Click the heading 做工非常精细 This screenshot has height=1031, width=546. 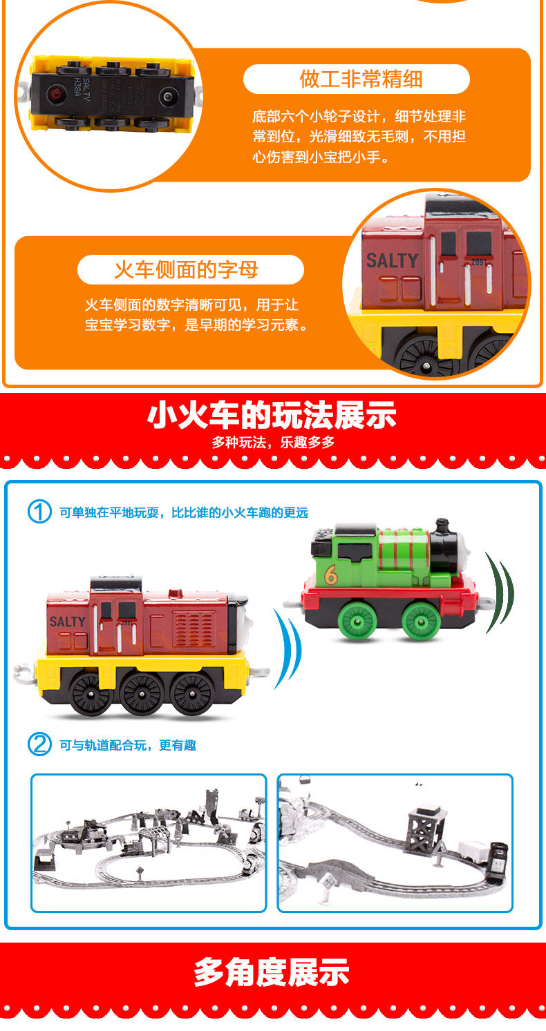(x=361, y=79)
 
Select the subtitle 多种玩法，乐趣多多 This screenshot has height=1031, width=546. (x=273, y=443)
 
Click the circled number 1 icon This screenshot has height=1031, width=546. (x=39, y=512)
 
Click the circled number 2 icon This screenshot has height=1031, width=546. (x=39, y=744)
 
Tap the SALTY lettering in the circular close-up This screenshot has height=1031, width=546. (x=392, y=261)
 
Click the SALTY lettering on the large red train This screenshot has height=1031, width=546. (x=68, y=622)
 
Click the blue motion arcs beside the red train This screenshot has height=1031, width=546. (x=288, y=648)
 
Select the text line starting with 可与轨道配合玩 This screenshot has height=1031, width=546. (x=128, y=745)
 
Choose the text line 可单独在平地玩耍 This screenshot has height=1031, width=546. (x=183, y=512)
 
